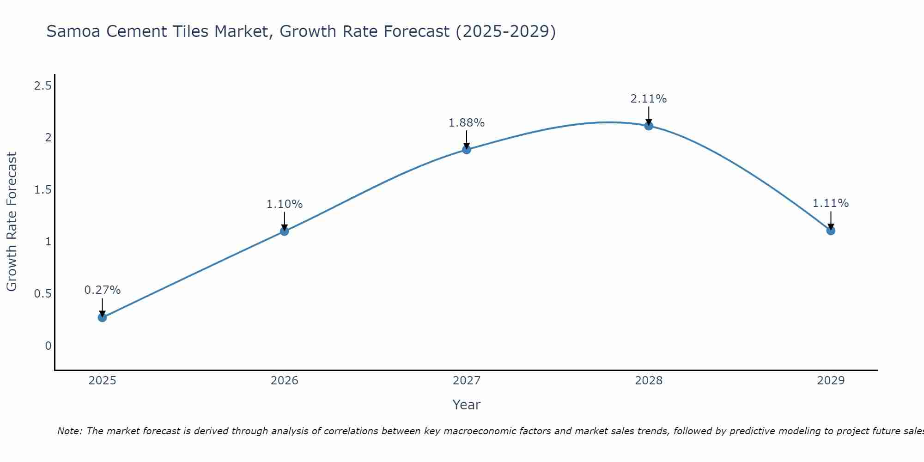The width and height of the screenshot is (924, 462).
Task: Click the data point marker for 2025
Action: [x=102, y=317]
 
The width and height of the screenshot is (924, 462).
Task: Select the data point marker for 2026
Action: [x=285, y=231]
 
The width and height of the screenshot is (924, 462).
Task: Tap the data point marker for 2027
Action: [x=467, y=149]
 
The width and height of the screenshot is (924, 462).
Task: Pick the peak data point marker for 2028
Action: [x=649, y=126]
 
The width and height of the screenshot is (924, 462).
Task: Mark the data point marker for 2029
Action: [x=831, y=230]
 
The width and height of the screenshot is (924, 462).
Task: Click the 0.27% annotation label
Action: [x=102, y=290]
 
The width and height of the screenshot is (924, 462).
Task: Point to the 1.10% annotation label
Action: [x=285, y=204]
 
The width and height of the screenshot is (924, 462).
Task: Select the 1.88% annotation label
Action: [x=467, y=123]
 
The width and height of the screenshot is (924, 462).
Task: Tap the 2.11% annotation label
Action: [x=649, y=99]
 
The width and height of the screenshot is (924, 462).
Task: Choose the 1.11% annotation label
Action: [x=831, y=203]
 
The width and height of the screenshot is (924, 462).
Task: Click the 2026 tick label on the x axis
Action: [x=285, y=381]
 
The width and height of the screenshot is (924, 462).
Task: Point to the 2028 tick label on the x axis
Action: [x=649, y=381]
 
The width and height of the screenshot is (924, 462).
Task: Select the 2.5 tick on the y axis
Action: [x=43, y=86]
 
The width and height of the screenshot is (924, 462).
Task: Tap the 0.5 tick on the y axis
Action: [x=43, y=294]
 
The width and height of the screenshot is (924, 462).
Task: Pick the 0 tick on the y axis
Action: [x=48, y=346]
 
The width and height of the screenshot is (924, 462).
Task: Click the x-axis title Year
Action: [x=467, y=405]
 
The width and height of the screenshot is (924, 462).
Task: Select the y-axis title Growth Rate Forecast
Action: [x=12, y=222]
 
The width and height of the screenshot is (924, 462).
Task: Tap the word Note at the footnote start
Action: [x=69, y=431]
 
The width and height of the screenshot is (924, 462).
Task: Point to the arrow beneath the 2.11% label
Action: [x=649, y=115]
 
